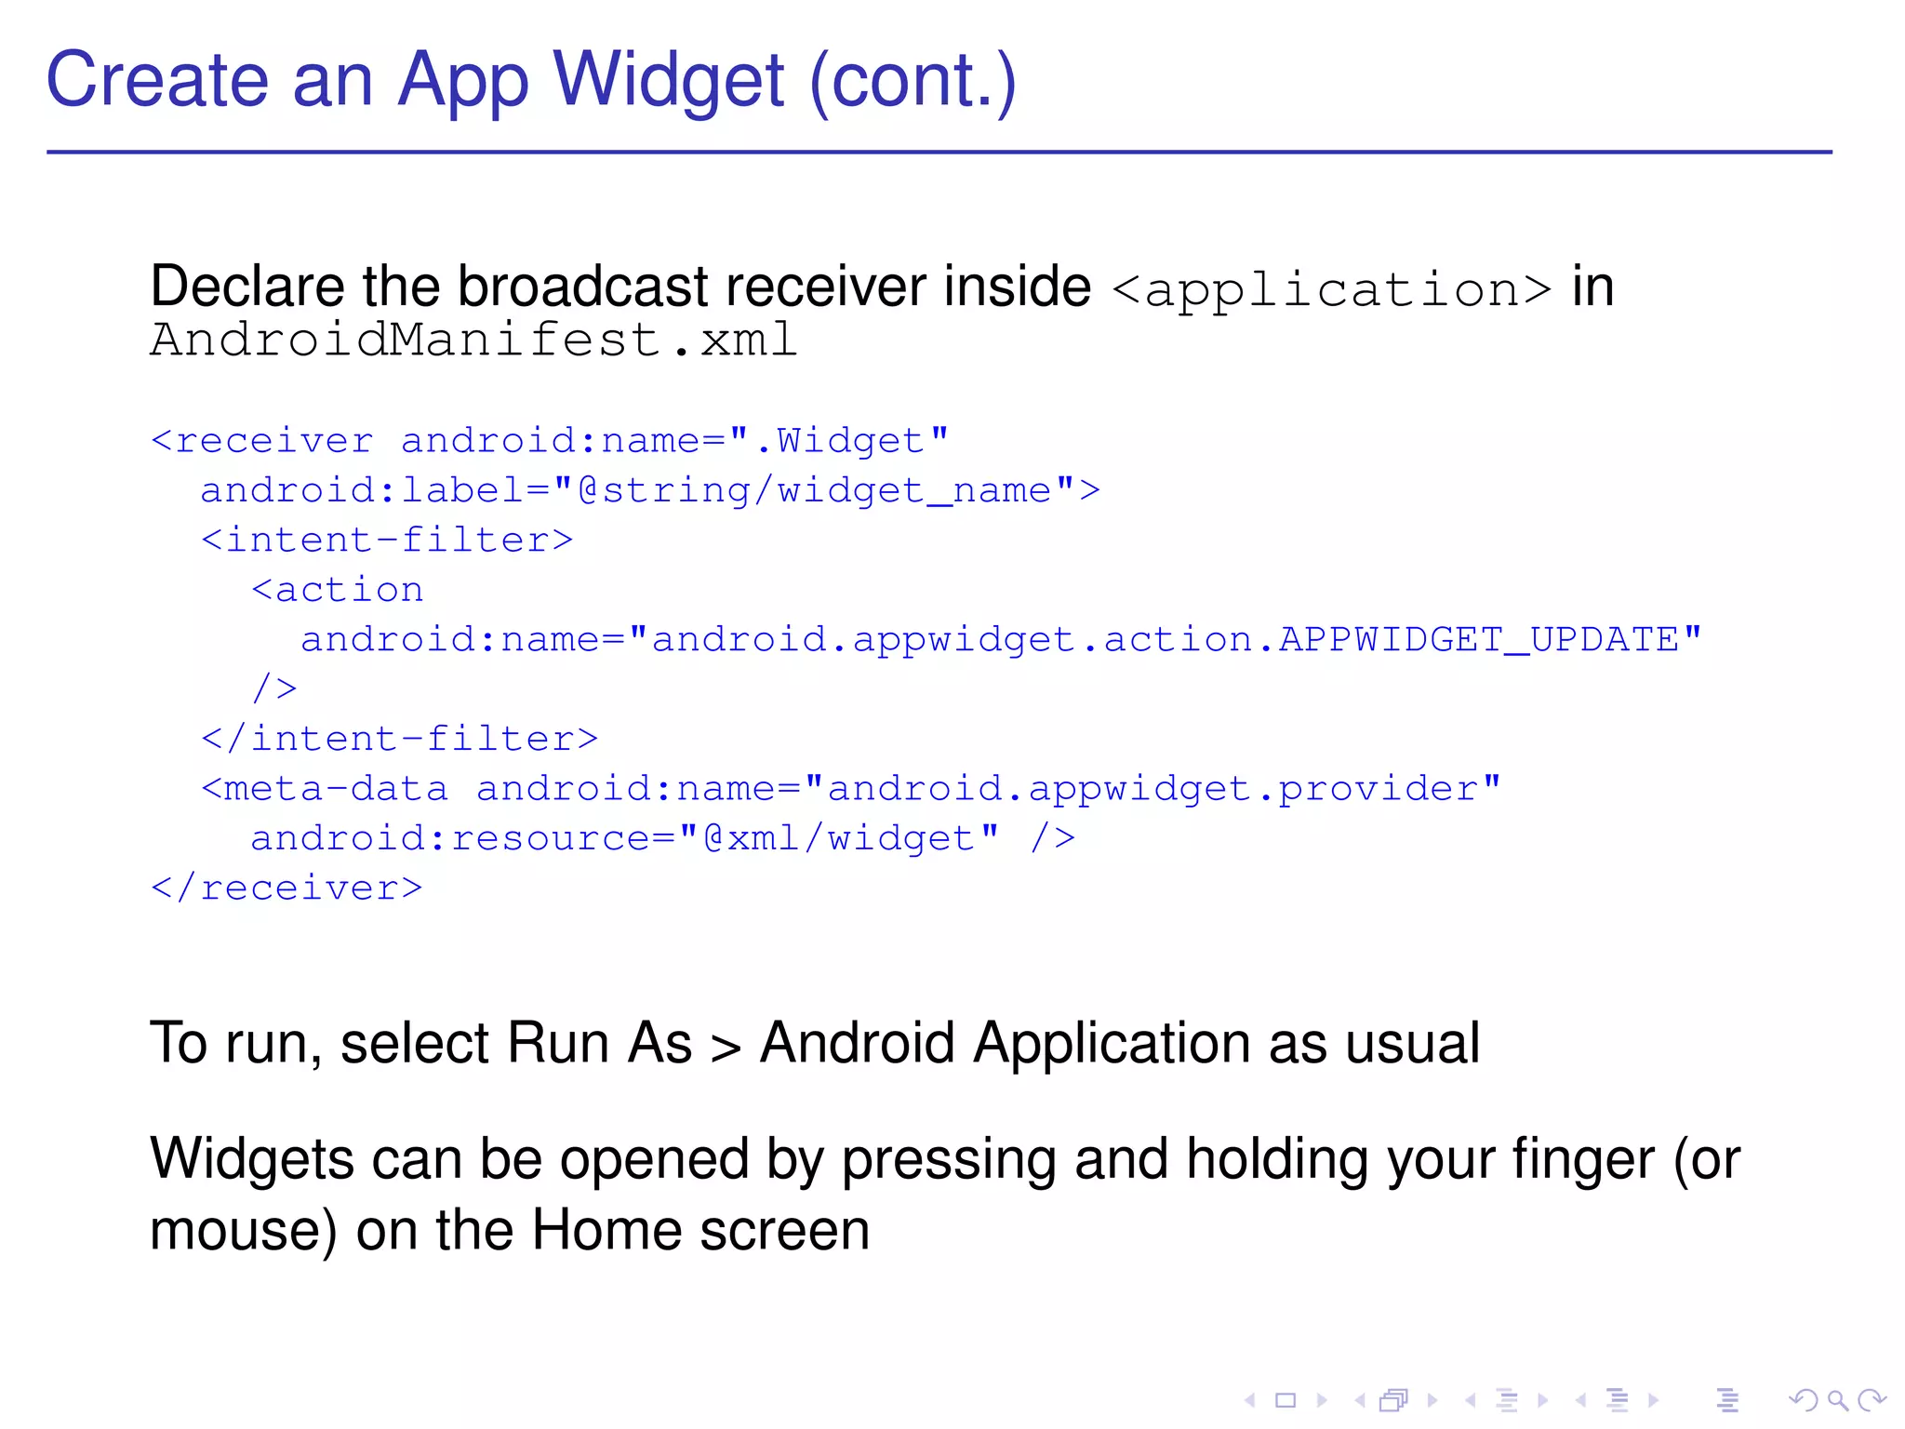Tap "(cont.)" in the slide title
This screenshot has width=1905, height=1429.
point(913,81)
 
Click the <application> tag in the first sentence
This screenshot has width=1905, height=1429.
point(1331,289)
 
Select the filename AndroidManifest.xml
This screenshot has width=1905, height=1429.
point(473,340)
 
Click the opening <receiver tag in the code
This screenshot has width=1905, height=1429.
point(262,440)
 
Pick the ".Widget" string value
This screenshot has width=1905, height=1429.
point(839,440)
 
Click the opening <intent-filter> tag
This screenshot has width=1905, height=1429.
point(387,540)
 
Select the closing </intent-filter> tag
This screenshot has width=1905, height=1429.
point(400,739)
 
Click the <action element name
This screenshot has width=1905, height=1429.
point(338,590)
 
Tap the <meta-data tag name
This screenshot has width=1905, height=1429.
point(325,789)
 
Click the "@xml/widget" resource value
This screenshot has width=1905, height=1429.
point(839,838)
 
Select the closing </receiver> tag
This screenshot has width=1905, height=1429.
point(287,888)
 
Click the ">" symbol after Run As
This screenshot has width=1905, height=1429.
point(726,1047)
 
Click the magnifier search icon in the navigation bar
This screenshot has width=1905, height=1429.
point(1836,1400)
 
